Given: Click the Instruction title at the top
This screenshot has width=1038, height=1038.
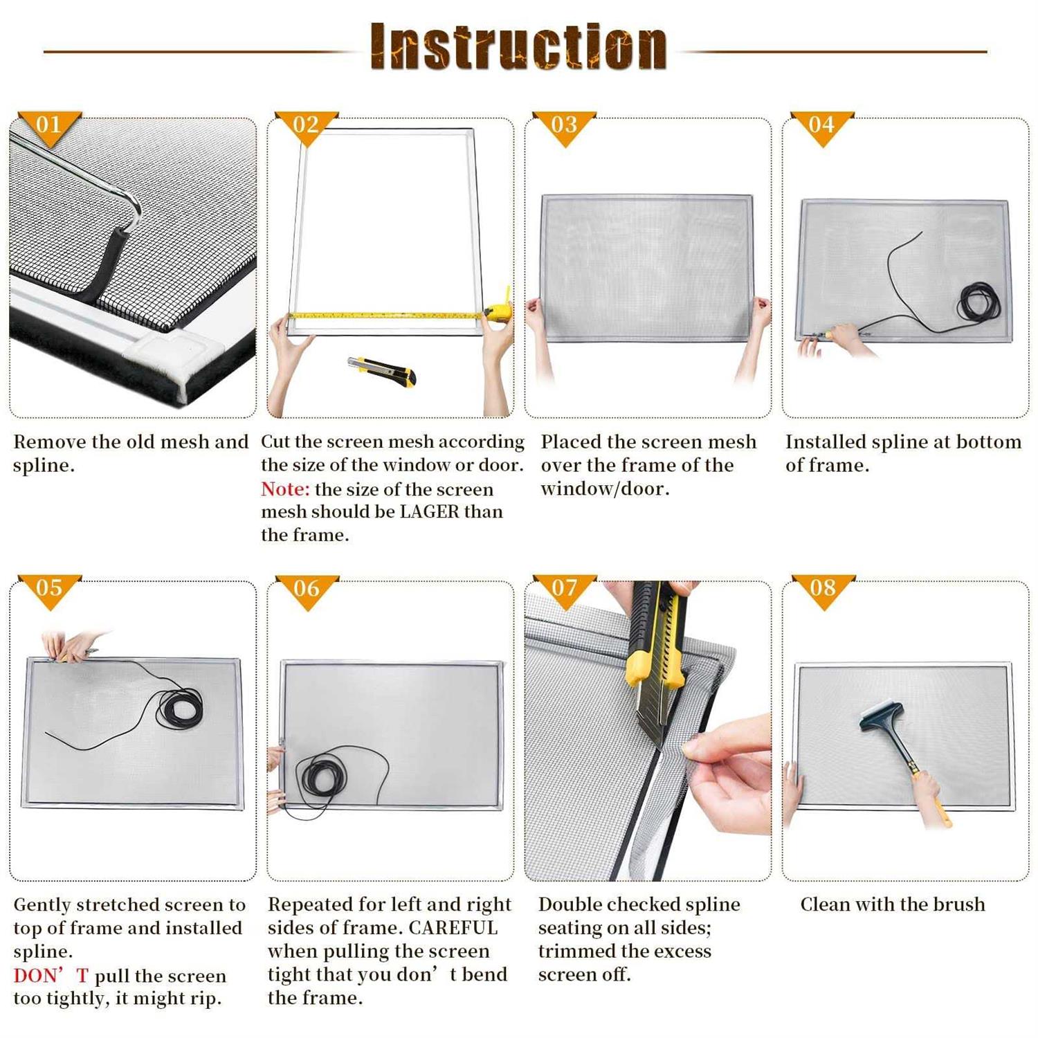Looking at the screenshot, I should coord(518,46).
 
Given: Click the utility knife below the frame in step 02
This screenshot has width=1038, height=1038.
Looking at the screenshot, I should coord(383,370).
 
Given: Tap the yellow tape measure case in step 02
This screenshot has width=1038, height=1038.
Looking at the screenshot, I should coord(500,311).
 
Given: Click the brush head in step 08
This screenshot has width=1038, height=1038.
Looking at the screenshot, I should coord(880,716).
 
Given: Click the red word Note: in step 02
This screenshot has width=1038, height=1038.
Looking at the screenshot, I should coord(285,489).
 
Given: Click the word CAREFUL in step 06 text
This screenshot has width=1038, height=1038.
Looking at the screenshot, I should coord(453,928).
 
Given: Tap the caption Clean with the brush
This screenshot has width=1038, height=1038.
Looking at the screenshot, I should coord(892,904).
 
